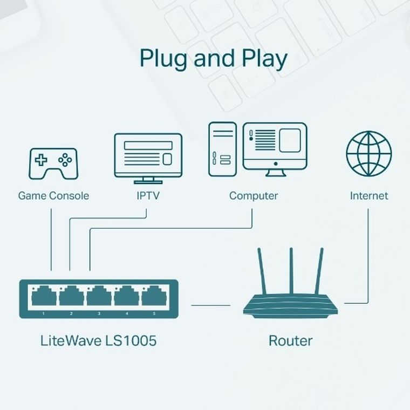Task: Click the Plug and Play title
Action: (x=213, y=58)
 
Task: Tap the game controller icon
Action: (x=53, y=163)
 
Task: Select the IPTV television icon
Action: (x=148, y=158)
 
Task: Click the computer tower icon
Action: (x=222, y=149)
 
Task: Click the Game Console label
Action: (x=53, y=195)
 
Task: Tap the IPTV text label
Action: (x=148, y=195)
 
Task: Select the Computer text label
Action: (x=254, y=195)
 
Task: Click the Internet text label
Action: (x=368, y=195)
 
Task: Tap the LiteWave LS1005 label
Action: (x=99, y=341)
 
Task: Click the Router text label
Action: (x=290, y=341)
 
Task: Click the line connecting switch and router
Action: (x=210, y=305)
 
